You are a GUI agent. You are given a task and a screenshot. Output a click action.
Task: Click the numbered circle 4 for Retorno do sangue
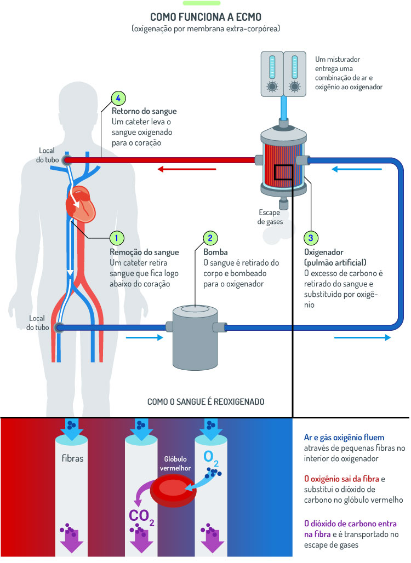tap(118, 98)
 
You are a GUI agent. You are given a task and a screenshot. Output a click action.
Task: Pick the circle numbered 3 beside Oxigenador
tap(311, 238)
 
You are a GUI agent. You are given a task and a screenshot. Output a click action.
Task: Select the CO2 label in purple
tap(141, 516)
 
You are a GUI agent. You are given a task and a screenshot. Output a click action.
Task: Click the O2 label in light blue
tap(211, 457)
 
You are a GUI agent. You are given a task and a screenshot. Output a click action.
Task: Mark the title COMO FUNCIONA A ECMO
tap(206, 16)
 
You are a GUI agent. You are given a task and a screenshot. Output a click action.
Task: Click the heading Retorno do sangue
tap(144, 111)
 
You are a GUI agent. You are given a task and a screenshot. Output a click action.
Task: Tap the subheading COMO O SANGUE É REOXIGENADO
tap(206, 401)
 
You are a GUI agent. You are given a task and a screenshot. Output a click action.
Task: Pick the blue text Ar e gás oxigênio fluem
tap(344, 437)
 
